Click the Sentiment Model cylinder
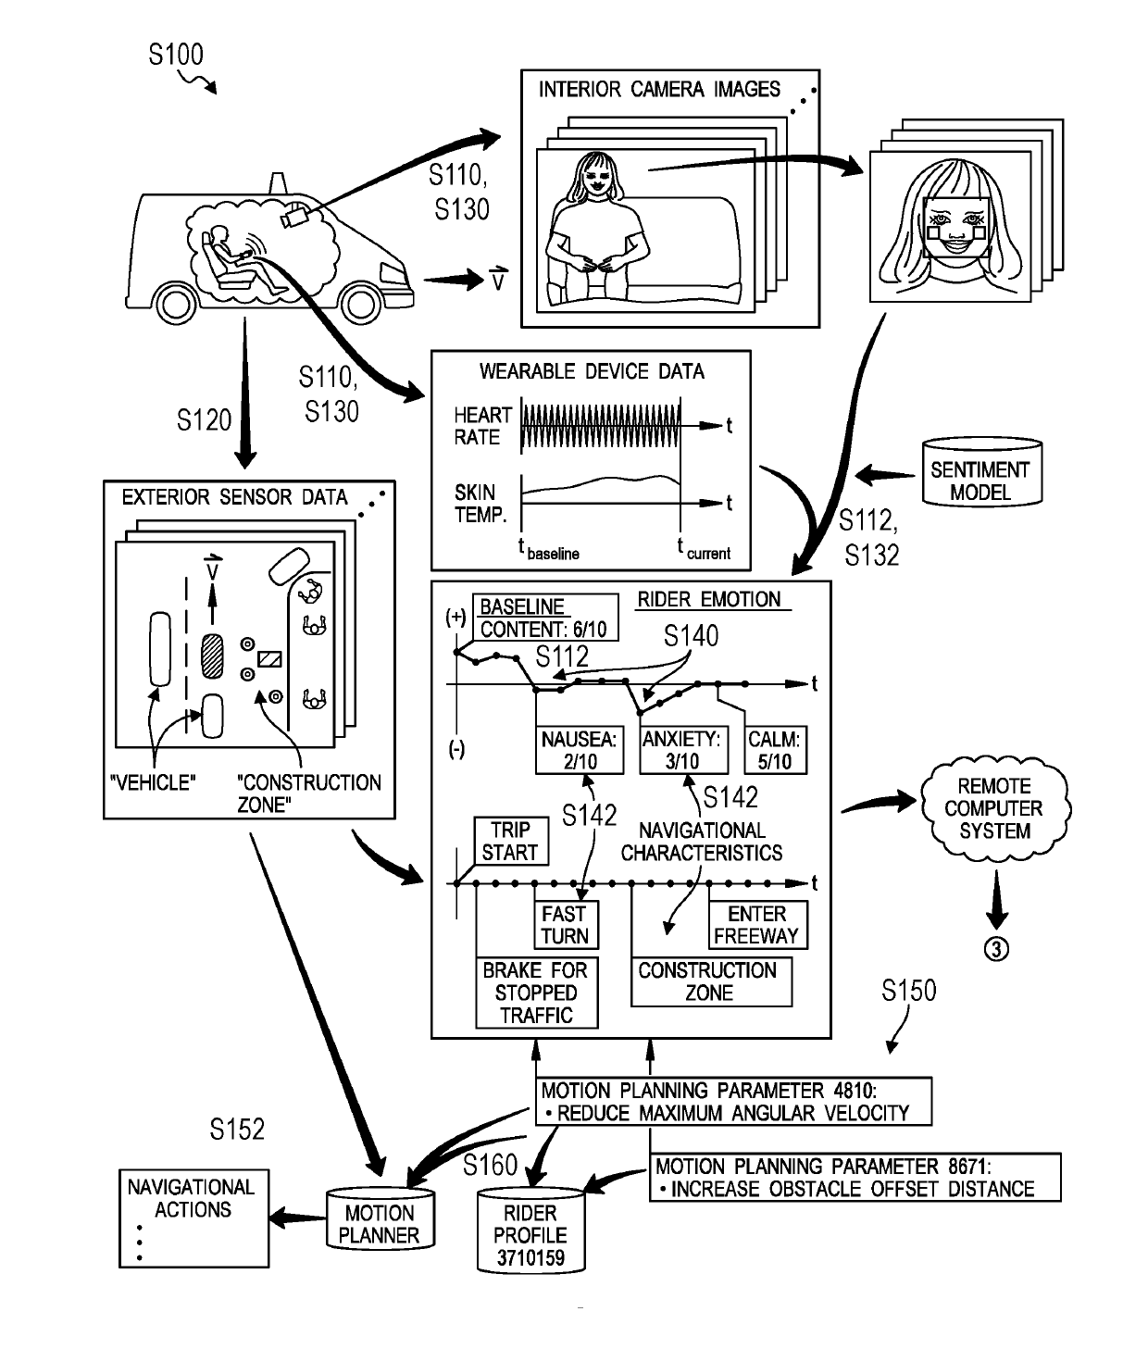click(x=980, y=472)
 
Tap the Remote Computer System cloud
click(x=994, y=808)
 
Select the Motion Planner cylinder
click(x=379, y=1219)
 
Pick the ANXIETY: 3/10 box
click(x=682, y=750)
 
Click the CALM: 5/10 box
click(x=775, y=750)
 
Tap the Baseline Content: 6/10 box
click(x=544, y=618)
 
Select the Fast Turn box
click(x=565, y=925)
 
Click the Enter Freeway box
click(x=756, y=925)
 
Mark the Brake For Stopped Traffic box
click(x=536, y=993)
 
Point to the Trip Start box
click(x=510, y=841)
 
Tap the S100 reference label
click(x=176, y=56)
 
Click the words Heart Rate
click(x=482, y=426)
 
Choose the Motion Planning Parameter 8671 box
click(x=855, y=1178)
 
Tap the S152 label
click(x=237, y=1130)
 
